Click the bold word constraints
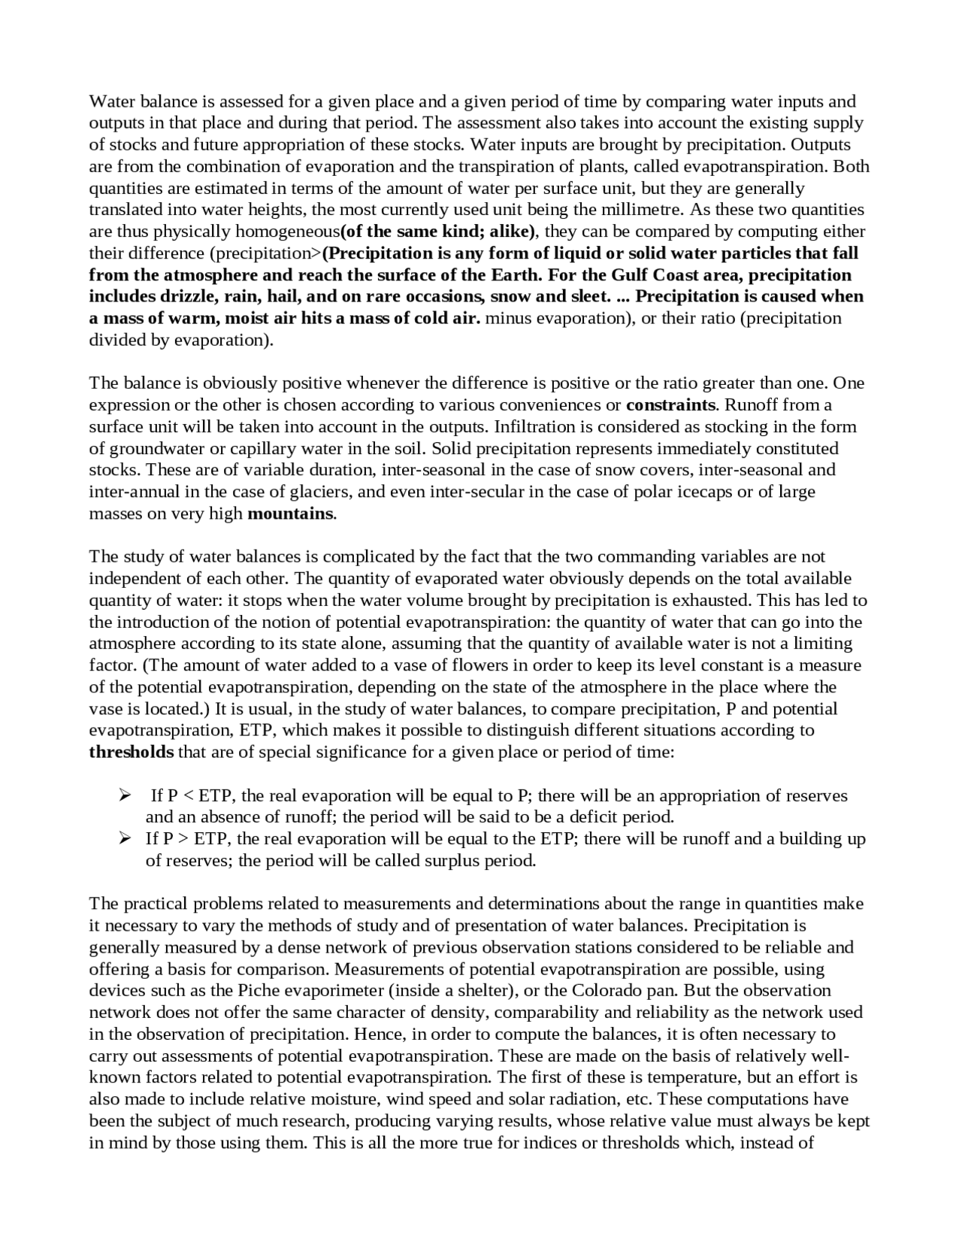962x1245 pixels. pyautogui.click(x=670, y=405)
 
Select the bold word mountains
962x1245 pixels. pyautogui.click(x=290, y=513)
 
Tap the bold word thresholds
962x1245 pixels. pyautogui.click(x=132, y=752)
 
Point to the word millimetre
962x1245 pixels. pyautogui.click(x=644, y=209)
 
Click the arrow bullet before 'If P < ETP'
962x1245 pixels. pyautogui.click(x=126, y=795)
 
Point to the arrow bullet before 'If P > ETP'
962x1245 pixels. pyautogui.click(x=126, y=838)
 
